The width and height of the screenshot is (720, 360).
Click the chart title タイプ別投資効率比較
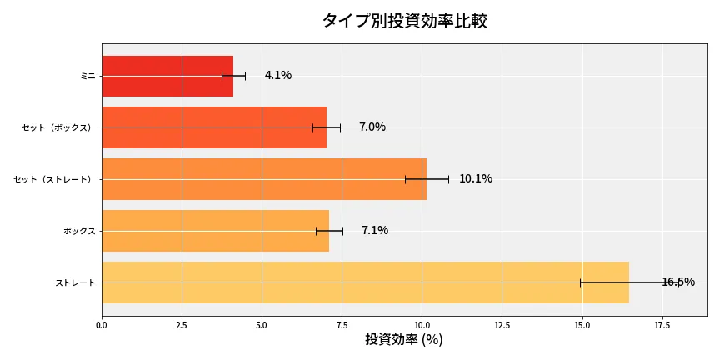pyautogui.click(x=404, y=21)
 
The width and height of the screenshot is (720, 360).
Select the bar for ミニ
pyautogui.click(x=167, y=76)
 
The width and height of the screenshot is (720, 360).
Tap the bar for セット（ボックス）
pyautogui.click(x=213, y=127)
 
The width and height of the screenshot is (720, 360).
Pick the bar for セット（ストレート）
pyautogui.click(x=263, y=179)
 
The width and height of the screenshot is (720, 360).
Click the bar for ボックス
pyautogui.click(x=215, y=231)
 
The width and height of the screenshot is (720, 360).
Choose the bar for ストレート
pyautogui.click(x=365, y=282)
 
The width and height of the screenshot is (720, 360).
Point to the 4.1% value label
pyautogui.click(x=278, y=76)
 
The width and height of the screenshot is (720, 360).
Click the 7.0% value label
pyautogui.click(x=372, y=127)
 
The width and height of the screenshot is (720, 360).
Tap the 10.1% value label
pyautogui.click(x=476, y=179)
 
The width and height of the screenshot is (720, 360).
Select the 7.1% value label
pyautogui.click(x=375, y=231)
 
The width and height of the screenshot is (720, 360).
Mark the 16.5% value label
pyautogui.click(x=678, y=282)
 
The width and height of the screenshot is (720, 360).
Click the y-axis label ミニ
pyautogui.click(x=87, y=76)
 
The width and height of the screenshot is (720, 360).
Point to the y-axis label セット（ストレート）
pyautogui.click(x=54, y=179)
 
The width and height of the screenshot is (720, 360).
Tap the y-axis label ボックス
pyautogui.click(x=79, y=231)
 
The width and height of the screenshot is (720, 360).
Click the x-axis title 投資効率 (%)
pyautogui.click(x=404, y=340)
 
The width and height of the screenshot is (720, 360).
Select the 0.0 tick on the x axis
pyautogui.click(x=102, y=325)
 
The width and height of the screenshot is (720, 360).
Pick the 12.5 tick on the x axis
pyautogui.click(x=502, y=325)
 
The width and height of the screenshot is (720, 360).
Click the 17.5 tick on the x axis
pyautogui.click(x=662, y=325)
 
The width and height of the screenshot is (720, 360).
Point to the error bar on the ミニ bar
pyautogui.click(x=233, y=76)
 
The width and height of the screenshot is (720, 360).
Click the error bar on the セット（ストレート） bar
pyautogui.click(x=427, y=179)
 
